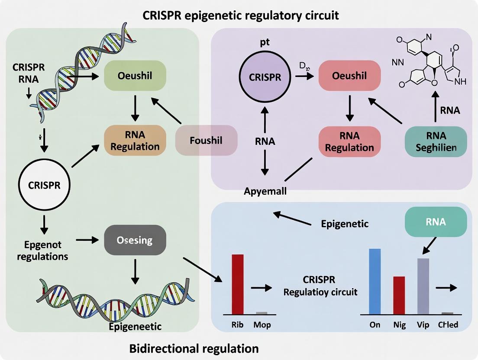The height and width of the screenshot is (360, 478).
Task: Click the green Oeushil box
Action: click(x=135, y=76)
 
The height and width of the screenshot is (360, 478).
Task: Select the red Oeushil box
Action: click(x=349, y=76)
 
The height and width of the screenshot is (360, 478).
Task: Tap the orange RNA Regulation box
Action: click(x=135, y=140)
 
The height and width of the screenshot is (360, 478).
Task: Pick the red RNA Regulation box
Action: click(x=349, y=141)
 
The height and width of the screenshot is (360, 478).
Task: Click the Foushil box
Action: click(x=206, y=141)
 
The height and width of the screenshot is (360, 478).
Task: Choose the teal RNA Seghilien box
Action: click(x=436, y=141)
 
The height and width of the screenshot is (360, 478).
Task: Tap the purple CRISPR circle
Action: click(x=265, y=77)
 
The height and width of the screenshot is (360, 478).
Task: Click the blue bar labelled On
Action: click(x=375, y=281)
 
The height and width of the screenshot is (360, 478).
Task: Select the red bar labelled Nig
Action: click(x=399, y=295)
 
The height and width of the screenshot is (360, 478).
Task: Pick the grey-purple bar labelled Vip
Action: click(x=423, y=286)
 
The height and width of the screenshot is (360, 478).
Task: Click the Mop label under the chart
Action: click(x=262, y=325)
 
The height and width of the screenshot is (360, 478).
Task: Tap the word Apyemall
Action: click(x=265, y=191)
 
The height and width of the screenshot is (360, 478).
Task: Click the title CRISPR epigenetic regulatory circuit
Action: click(x=241, y=16)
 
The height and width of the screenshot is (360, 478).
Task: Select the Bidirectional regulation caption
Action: click(x=194, y=348)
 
